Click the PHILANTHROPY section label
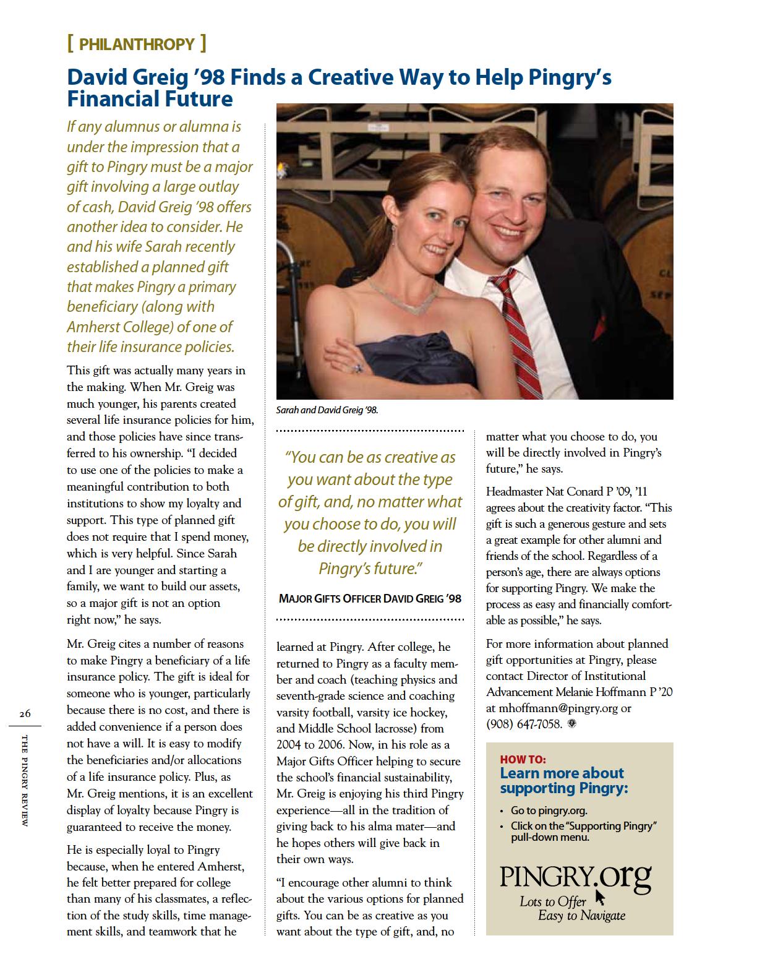pyautogui.click(x=137, y=45)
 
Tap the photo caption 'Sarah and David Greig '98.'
pyautogui.click(x=327, y=410)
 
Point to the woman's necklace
pyautogui.click(x=404, y=296)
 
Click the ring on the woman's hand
pyautogui.click(x=358, y=368)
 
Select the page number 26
pyautogui.click(x=25, y=713)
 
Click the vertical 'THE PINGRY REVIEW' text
pyautogui.click(x=25, y=780)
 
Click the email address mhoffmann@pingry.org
pyautogui.click(x=558, y=708)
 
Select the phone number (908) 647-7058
pyautogui.click(x=523, y=724)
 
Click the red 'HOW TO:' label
pyautogui.click(x=523, y=760)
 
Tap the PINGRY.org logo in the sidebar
pyautogui.click(x=575, y=876)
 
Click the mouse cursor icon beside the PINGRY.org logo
pyautogui.click(x=599, y=896)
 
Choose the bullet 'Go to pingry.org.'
pyautogui.click(x=549, y=810)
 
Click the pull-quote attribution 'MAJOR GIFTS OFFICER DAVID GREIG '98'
pyautogui.click(x=370, y=599)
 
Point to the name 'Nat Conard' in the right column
pyautogui.click(x=573, y=492)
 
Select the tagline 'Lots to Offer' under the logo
pyautogui.click(x=552, y=901)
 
